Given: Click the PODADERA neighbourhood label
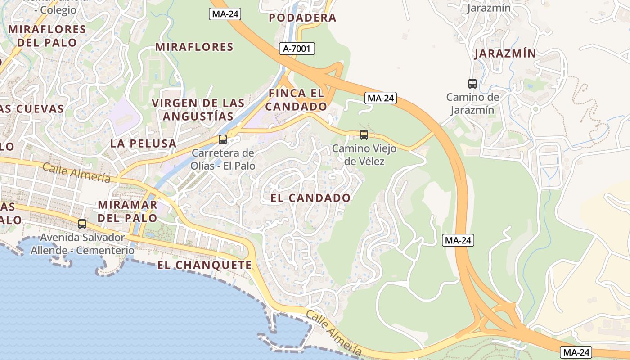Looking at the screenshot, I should (x=302, y=18).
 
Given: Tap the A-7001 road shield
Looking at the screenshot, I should (x=297, y=49).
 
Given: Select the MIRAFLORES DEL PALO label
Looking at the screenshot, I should (x=47, y=36).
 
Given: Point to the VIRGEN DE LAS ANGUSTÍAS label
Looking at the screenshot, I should (x=198, y=109).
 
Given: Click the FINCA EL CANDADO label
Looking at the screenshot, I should (x=296, y=100).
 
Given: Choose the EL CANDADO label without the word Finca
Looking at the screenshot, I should (x=310, y=198).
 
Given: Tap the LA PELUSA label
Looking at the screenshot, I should (x=144, y=144).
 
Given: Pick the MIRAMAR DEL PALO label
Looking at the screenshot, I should (x=128, y=211).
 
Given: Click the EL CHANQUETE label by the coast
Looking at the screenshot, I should (x=205, y=265).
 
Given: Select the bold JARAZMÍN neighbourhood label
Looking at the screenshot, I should (x=505, y=54).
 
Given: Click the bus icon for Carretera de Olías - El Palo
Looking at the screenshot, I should (x=223, y=139).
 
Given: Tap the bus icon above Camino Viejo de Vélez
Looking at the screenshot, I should (x=364, y=135).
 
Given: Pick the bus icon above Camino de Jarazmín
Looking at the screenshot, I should (x=472, y=83).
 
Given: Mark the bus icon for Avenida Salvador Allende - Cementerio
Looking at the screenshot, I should (x=82, y=224).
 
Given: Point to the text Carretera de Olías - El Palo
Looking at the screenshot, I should (x=223, y=159).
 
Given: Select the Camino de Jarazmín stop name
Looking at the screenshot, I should (x=472, y=103).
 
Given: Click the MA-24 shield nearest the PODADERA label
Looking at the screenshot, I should (x=225, y=14).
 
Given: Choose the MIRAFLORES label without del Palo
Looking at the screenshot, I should (x=194, y=47).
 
